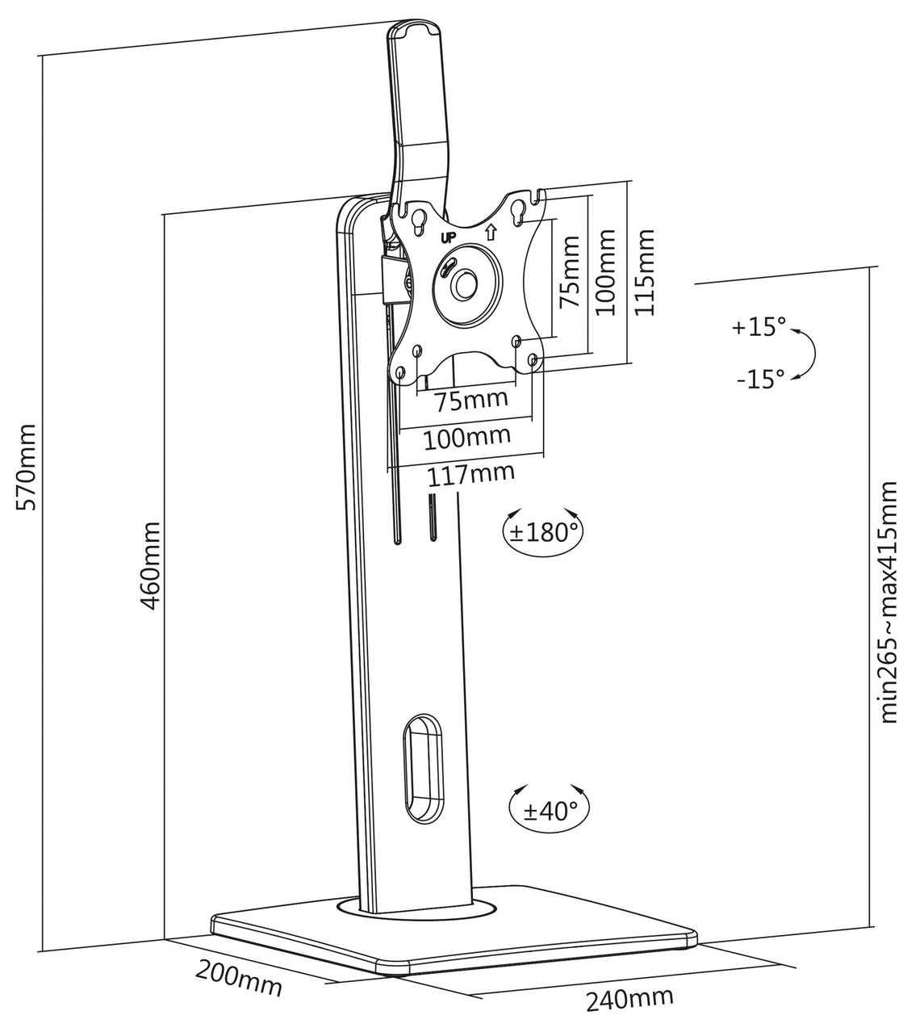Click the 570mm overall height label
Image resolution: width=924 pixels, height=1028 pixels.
coord(27,467)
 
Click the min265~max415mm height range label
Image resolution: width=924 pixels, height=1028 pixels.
coord(889,602)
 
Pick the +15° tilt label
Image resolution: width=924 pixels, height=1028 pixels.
coord(759,327)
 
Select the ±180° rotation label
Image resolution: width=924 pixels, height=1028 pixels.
coord(546,533)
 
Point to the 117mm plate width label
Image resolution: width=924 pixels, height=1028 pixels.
coord(470,475)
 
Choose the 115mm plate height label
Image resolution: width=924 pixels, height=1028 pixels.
coord(643,272)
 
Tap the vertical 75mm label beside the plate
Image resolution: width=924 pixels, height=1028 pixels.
coord(569,271)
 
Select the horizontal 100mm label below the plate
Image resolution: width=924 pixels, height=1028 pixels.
coord(467,437)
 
